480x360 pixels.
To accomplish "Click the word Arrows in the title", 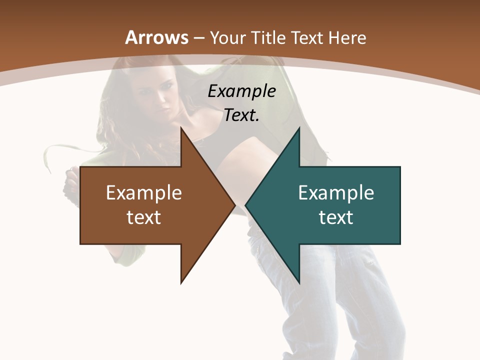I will (157, 37).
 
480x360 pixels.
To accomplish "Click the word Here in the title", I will (347, 38).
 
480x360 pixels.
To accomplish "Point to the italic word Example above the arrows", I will (241, 91).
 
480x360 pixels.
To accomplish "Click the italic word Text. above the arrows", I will (241, 115).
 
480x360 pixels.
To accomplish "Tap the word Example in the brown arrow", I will (143, 193).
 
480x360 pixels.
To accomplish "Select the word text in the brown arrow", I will (143, 217).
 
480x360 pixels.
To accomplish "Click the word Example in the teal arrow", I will (336, 193).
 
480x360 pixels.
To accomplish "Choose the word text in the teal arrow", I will (336, 217).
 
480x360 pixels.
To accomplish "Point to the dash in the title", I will (199, 38).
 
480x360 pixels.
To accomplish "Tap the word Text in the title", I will (307, 38).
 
